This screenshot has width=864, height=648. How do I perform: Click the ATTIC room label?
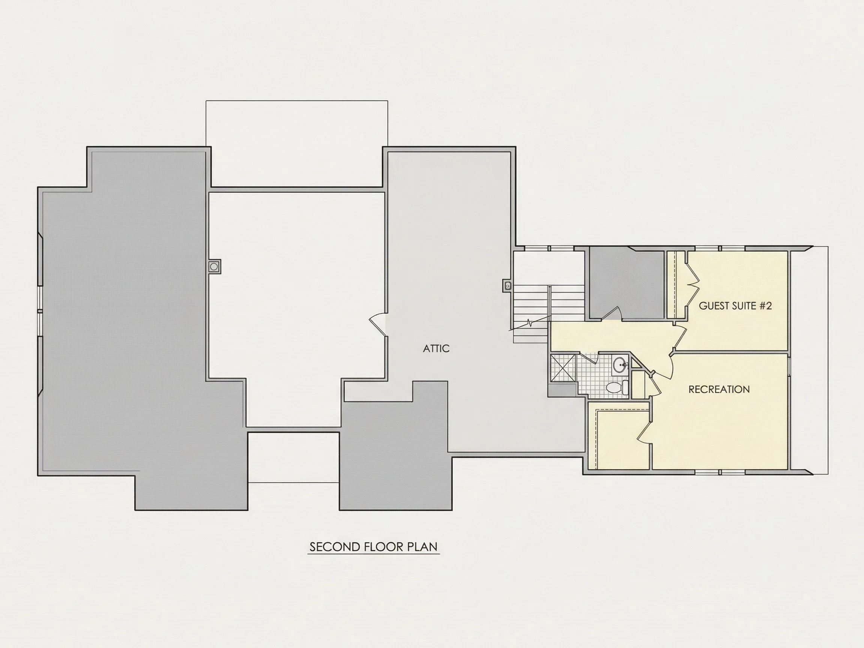(x=436, y=348)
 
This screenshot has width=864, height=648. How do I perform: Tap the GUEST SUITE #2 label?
(x=735, y=306)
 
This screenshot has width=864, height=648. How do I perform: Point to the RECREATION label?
(x=719, y=389)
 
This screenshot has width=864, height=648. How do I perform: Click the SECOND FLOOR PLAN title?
(x=373, y=546)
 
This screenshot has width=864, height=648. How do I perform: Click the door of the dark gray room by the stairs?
(x=611, y=312)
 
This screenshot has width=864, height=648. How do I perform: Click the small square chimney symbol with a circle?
(x=214, y=266)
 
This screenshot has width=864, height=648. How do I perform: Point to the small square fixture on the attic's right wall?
(x=507, y=286)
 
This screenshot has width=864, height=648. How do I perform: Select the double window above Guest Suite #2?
(x=720, y=248)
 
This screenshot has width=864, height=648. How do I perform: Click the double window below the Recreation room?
(x=720, y=472)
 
